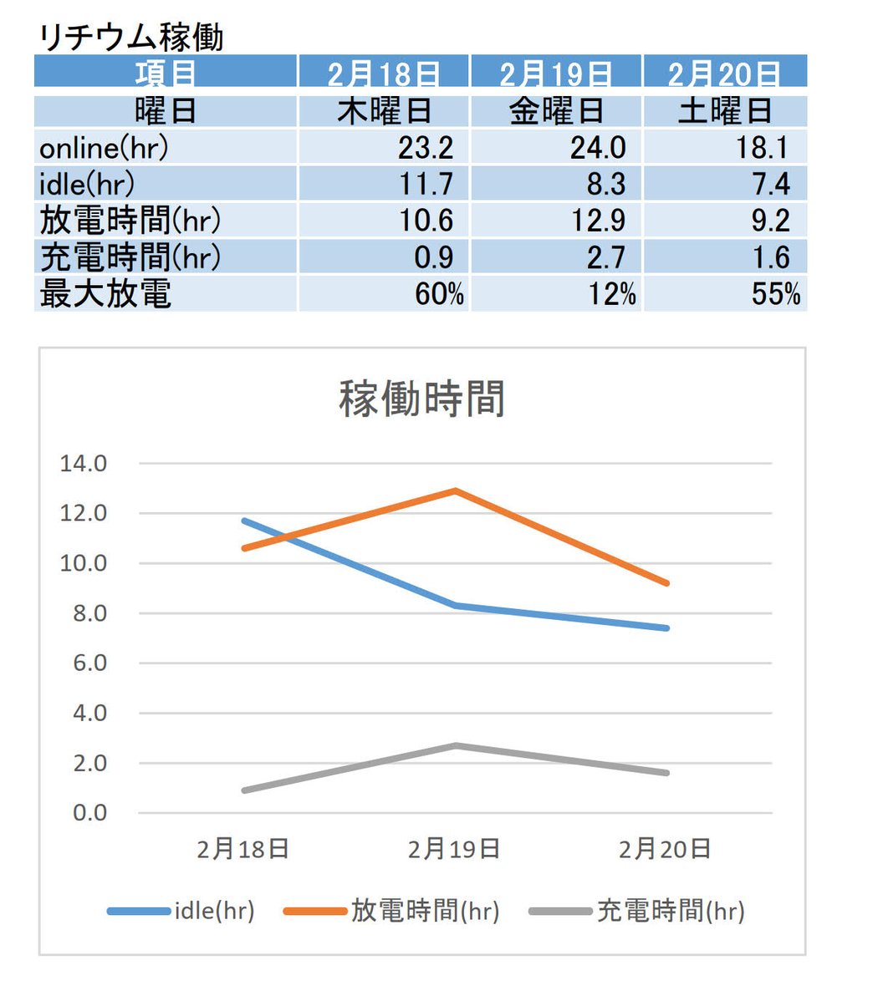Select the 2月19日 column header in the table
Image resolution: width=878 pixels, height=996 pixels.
[555, 74]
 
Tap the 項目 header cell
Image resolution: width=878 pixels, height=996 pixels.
[166, 74]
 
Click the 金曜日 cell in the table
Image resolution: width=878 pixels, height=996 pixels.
[555, 111]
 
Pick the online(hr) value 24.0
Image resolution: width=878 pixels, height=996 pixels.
[597, 148]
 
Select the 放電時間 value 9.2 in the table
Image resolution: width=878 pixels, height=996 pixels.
[770, 221]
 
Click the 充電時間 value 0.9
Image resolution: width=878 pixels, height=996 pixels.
[433, 257]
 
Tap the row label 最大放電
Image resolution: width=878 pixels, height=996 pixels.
[105, 294]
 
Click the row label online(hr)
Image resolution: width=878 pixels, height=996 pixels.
[104, 148]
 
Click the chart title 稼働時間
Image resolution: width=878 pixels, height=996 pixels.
[422, 399]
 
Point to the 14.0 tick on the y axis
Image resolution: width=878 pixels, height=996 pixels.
[84, 463]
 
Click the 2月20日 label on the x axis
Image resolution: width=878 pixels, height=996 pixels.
[665, 849]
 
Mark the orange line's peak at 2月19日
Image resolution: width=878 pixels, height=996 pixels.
[454, 490]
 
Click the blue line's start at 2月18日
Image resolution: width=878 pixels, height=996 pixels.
[244, 521]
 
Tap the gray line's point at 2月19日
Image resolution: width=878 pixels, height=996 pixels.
[454, 745]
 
